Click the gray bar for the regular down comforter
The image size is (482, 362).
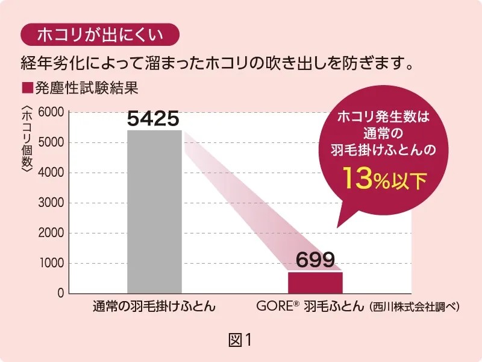154,211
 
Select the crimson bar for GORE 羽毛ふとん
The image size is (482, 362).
315,282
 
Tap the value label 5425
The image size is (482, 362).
154,119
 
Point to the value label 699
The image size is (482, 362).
315,260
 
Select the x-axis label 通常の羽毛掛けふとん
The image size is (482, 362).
154,307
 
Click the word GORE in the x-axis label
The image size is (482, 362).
274,307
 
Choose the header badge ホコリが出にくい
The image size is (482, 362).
100,34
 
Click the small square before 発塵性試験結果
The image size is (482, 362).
25,88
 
